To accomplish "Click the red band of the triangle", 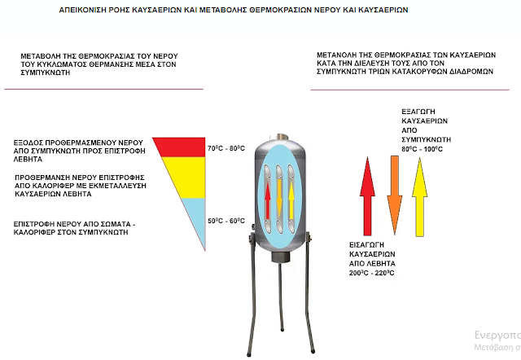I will [x=175, y=145].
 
